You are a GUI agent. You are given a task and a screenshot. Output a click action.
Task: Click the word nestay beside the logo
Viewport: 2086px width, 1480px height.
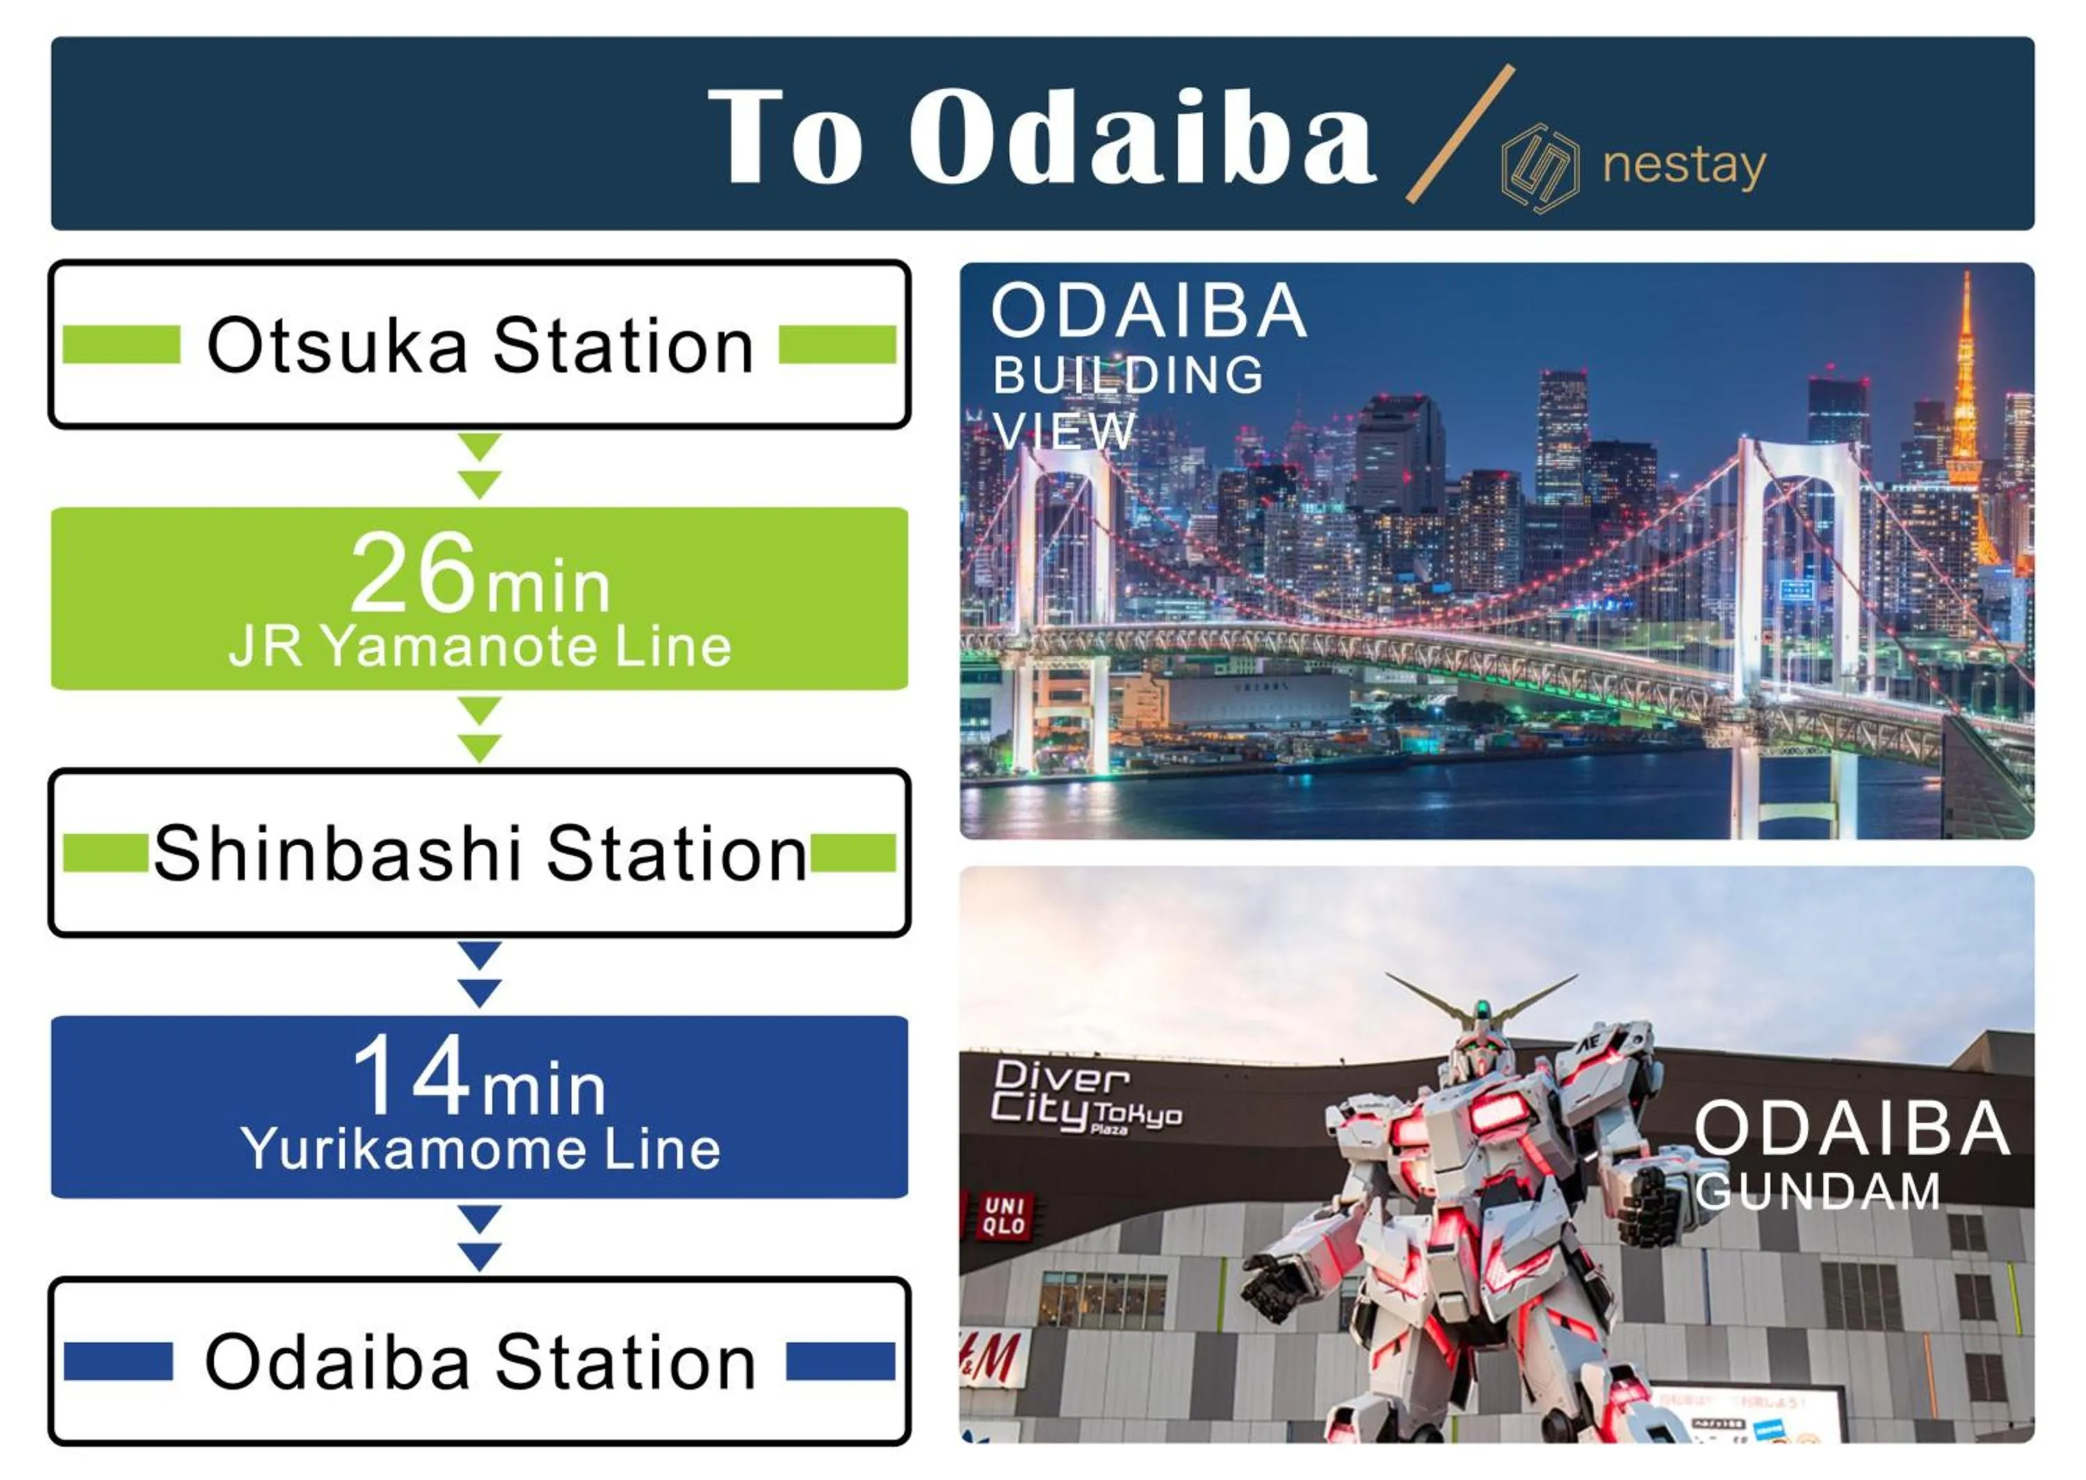[x=1684, y=166]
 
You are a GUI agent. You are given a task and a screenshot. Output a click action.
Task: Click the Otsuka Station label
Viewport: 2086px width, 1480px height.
[x=480, y=345]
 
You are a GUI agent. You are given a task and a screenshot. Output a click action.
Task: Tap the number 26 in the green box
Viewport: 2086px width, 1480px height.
[x=412, y=574]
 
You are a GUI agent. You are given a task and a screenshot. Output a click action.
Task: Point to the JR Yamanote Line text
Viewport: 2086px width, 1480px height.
[x=480, y=647]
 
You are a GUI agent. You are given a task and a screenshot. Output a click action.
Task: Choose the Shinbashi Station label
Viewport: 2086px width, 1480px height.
[x=480, y=854]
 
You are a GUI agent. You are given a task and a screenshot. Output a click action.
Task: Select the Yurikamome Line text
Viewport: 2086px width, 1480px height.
[x=480, y=1149]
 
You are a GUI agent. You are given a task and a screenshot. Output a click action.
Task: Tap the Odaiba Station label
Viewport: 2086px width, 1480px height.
[x=480, y=1363]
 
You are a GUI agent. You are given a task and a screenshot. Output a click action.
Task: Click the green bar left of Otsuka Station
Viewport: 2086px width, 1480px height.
[x=121, y=345]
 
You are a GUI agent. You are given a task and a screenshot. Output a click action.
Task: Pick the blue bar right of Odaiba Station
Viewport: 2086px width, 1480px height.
[x=840, y=1361]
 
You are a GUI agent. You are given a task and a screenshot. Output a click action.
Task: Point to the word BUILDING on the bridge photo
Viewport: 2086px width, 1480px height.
[x=1128, y=375]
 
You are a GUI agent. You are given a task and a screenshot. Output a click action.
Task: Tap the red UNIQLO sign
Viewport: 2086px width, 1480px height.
[x=1004, y=1216]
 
